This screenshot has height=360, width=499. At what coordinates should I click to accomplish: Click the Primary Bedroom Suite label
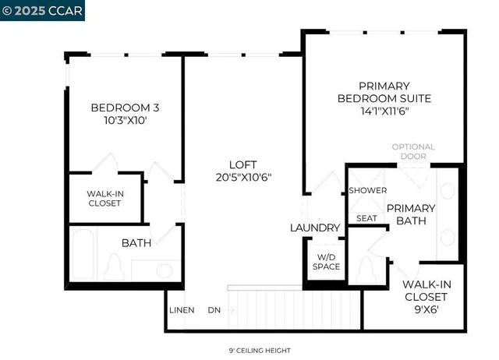[x=384, y=92]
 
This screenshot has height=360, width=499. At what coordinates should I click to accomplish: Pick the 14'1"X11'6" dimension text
[x=384, y=112]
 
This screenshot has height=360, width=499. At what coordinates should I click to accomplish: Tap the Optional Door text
[x=413, y=151]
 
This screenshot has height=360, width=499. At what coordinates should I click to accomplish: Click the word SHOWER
[x=363, y=190]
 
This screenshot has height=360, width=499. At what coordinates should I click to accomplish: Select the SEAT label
[x=367, y=218]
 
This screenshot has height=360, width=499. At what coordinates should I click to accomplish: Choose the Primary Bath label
[x=411, y=214]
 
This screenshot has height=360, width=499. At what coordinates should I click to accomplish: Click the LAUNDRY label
[x=315, y=228]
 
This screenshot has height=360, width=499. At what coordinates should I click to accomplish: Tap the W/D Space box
[x=327, y=262]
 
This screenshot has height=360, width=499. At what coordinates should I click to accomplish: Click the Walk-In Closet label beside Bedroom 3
[x=104, y=199]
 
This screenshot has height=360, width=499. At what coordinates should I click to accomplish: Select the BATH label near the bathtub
[x=136, y=243]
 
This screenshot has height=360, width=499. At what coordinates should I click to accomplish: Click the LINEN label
[x=182, y=310]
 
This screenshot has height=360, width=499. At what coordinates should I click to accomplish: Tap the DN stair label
[x=214, y=310]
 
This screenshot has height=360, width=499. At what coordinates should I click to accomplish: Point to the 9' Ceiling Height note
[x=249, y=351]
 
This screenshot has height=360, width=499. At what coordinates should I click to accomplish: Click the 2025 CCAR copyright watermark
[x=43, y=10]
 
